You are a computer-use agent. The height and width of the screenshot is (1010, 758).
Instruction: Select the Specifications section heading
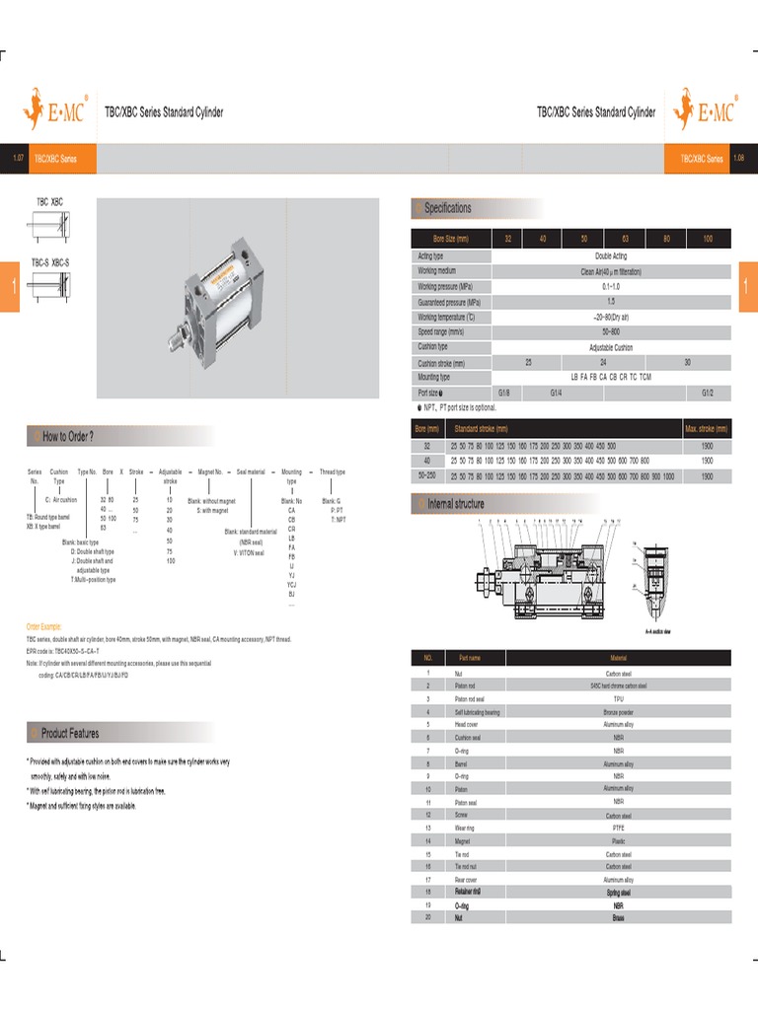[x=447, y=208]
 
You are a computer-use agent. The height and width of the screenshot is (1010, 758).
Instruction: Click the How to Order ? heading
[x=68, y=436]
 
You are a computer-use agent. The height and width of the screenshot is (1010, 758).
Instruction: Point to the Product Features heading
[x=70, y=733]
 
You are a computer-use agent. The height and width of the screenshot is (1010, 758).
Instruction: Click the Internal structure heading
[x=455, y=504]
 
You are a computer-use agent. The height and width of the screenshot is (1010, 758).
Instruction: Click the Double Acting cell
[x=611, y=256]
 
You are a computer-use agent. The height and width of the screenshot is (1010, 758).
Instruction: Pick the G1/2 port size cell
[x=707, y=392]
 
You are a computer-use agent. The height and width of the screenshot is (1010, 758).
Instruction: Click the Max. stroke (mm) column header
[x=706, y=429]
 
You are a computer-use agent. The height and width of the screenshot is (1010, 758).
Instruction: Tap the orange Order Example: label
[x=43, y=626]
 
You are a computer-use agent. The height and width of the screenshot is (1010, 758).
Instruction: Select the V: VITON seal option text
[x=249, y=553]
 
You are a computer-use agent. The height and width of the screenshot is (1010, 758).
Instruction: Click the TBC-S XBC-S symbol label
[x=49, y=262]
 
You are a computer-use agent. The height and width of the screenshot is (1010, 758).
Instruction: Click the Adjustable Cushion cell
[x=611, y=347]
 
